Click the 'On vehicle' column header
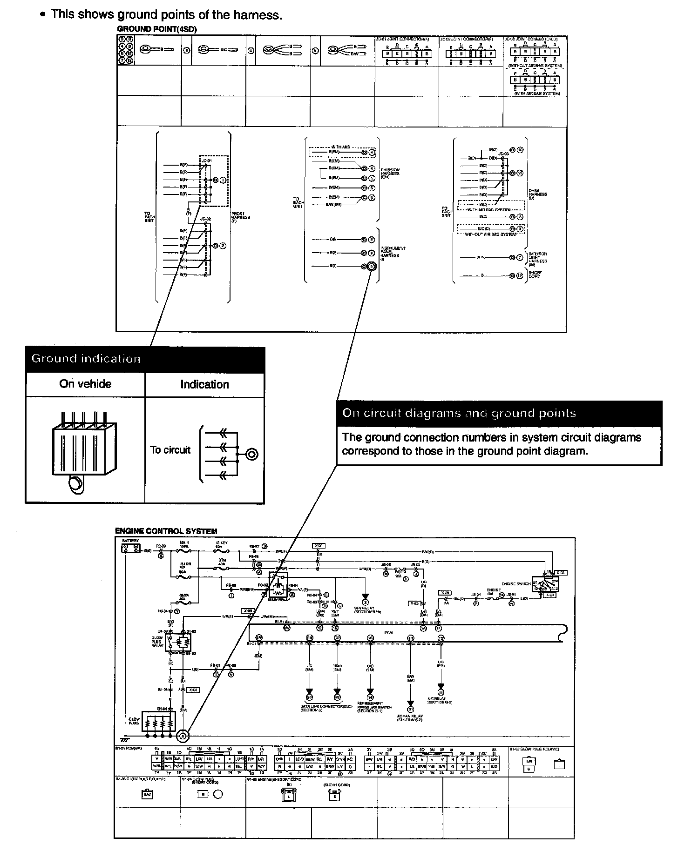(85, 384)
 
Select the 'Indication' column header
(204, 384)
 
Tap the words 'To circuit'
(170, 450)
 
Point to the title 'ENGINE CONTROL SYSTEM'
(166, 531)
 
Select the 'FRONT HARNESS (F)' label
(241, 217)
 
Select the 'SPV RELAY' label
(368, 610)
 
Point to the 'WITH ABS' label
(340, 147)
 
